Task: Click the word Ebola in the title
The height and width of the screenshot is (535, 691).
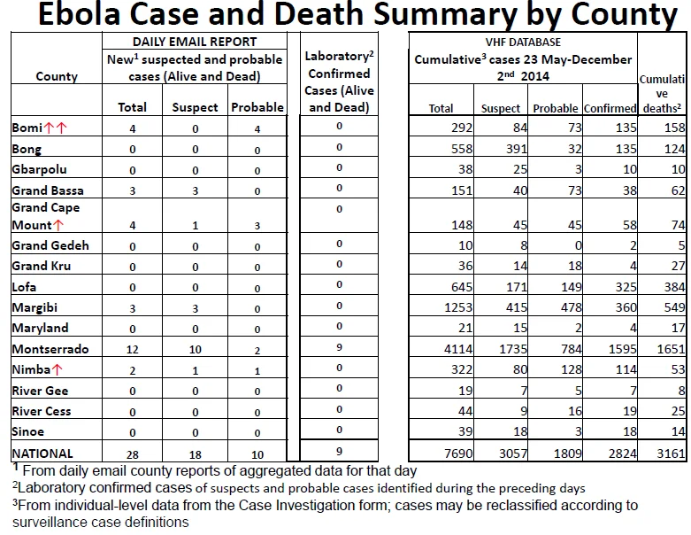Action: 80,13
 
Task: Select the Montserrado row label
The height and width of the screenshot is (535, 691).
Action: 50,349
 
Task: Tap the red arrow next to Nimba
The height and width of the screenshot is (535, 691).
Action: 58,369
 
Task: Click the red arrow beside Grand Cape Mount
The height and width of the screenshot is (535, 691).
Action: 58,225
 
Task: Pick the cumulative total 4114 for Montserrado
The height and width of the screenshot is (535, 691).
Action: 458,349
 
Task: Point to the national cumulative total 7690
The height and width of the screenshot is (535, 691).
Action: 458,454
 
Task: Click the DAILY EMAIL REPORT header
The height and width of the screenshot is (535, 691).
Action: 195,42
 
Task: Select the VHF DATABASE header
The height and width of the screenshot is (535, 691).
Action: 523,42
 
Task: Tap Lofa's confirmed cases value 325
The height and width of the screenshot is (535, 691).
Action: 624,287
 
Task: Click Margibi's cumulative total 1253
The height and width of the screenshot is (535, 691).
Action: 458,307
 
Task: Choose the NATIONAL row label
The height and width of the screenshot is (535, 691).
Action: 42,454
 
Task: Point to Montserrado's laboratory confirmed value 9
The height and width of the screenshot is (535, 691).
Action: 339,347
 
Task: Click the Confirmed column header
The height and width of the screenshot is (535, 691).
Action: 610,108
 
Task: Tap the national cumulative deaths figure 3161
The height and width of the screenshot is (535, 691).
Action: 671,454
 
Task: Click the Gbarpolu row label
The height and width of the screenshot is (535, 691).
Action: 39,170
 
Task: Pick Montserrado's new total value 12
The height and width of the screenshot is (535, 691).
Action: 132,350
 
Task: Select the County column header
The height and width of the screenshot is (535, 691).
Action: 57,76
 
